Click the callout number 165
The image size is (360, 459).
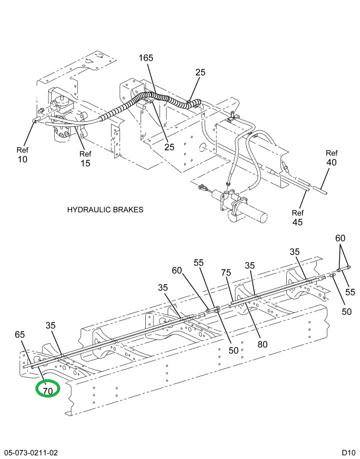(146, 58)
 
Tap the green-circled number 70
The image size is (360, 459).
(48, 391)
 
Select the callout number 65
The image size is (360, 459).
(20, 334)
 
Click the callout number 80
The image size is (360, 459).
(262, 344)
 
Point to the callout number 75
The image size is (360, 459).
(226, 272)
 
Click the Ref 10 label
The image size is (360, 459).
(22, 155)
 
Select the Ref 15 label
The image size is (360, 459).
(86, 159)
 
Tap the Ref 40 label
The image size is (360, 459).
(332, 158)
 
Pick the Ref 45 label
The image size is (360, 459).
(297, 217)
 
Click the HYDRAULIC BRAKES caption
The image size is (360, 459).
(105, 210)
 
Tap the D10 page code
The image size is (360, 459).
(349, 453)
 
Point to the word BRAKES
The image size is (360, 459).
(127, 210)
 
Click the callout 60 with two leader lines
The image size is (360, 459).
(340, 238)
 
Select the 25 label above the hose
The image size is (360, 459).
(200, 72)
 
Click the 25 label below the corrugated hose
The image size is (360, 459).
(169, 147)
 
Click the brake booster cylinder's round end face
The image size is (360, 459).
(263, 217)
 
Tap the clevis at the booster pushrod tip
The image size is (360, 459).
(202, 187)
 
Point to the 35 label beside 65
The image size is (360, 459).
(51, 325)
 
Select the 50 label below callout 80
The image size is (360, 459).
(233, 350)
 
